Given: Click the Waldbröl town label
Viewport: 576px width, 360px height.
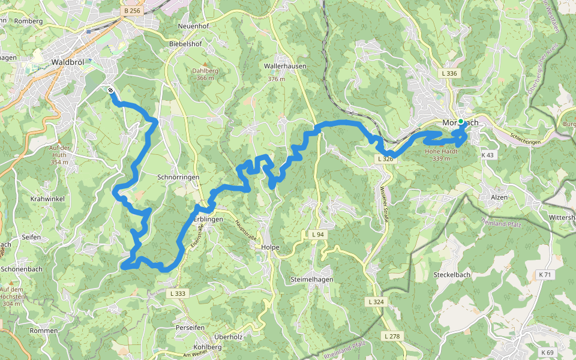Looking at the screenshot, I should (x=70, y=61).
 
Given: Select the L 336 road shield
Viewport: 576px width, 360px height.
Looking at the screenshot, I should (x=449, y=73).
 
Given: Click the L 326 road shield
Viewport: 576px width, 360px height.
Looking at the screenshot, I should (x=385, y=159).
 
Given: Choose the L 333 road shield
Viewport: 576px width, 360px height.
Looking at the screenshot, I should (x=178, y=293).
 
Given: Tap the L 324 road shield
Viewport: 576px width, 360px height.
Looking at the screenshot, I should (x=375, y=301).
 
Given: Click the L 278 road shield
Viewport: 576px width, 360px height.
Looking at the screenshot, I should (x=392, y=336).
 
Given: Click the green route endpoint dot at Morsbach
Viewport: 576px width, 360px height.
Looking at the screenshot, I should (x=461, y=122).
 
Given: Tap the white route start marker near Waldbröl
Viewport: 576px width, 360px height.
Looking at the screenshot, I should (x=112, y=90).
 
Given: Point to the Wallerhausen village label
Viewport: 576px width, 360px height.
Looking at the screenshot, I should (x=285, y=66).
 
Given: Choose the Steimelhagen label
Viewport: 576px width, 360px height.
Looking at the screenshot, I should (x=311, y=280).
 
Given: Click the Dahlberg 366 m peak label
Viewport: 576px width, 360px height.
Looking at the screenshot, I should (x=205, y=74).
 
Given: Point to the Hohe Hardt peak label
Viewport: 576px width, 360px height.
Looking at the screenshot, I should (x=441, y=155).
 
